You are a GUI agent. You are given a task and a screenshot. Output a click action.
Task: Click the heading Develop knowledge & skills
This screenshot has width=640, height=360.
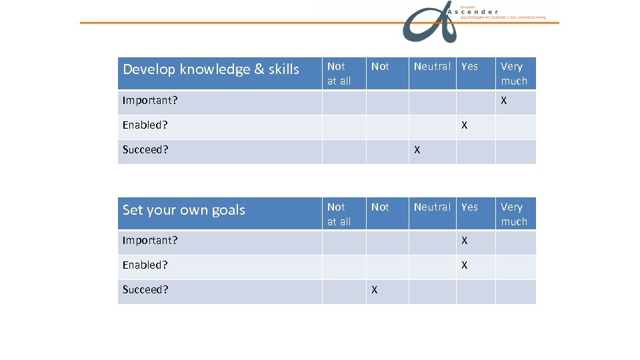click(211, 69)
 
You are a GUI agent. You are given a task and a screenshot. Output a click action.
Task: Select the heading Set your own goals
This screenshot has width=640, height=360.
click(184, 210)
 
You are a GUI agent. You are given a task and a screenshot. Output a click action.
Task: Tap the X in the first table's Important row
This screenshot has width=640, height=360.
click(504, 101)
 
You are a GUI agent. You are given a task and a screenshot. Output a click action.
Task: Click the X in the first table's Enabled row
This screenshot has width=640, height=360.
click(465, 125)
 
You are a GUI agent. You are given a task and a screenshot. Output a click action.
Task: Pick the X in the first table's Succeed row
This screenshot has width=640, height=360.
click(417, 150)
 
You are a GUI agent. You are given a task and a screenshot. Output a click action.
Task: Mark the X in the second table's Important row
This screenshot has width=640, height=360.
click(465, 241)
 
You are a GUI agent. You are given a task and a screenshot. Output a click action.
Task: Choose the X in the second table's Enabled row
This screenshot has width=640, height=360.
click(465, 265)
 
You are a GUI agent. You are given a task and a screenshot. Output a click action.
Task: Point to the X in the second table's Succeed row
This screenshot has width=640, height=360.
click(375, 290)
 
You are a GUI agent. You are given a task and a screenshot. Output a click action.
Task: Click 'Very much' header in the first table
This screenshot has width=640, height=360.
click(514, 73)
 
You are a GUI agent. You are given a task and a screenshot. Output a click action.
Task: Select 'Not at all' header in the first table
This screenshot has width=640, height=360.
click(339, 73)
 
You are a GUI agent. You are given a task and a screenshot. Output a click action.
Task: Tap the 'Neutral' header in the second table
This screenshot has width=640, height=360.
click(432, 207)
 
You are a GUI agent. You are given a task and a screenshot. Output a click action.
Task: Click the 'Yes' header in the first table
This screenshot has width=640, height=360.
click(469, 67)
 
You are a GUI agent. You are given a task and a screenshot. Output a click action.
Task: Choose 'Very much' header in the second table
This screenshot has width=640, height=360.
click(514, 214)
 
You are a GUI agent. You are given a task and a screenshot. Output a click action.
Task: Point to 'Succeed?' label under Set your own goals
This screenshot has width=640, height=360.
click(145, 290)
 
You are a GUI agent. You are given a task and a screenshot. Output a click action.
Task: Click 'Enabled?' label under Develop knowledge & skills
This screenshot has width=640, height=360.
click(145, 125)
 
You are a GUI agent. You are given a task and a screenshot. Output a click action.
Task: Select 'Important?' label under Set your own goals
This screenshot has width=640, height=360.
click(150, 241)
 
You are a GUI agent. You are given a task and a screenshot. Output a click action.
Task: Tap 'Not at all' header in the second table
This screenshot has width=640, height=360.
click(339, 214)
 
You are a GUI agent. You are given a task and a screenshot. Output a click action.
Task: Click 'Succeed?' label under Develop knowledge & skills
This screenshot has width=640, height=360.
click(145, 150)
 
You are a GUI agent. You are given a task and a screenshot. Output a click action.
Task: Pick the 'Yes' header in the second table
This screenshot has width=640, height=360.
click(469, 207)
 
